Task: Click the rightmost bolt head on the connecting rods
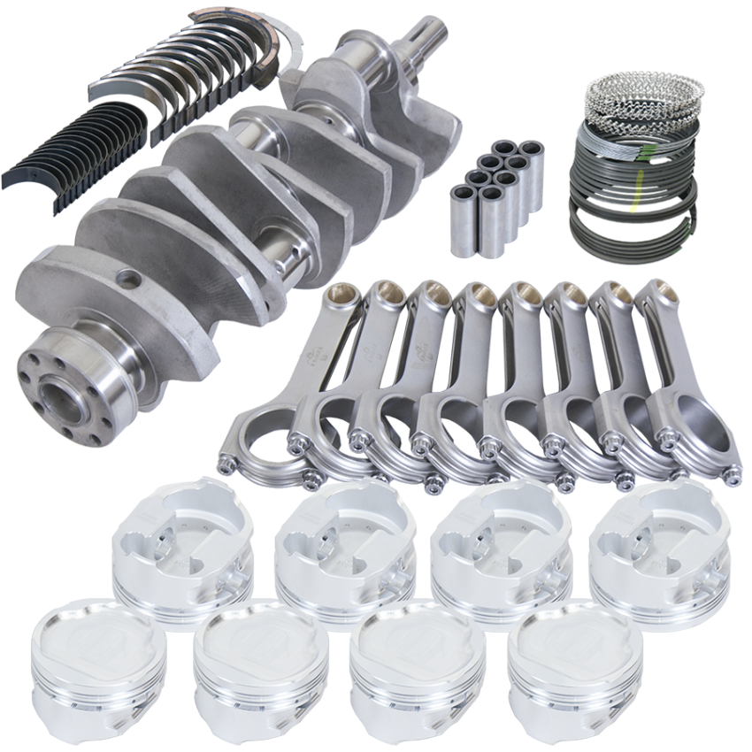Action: click(x=731, y=478)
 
